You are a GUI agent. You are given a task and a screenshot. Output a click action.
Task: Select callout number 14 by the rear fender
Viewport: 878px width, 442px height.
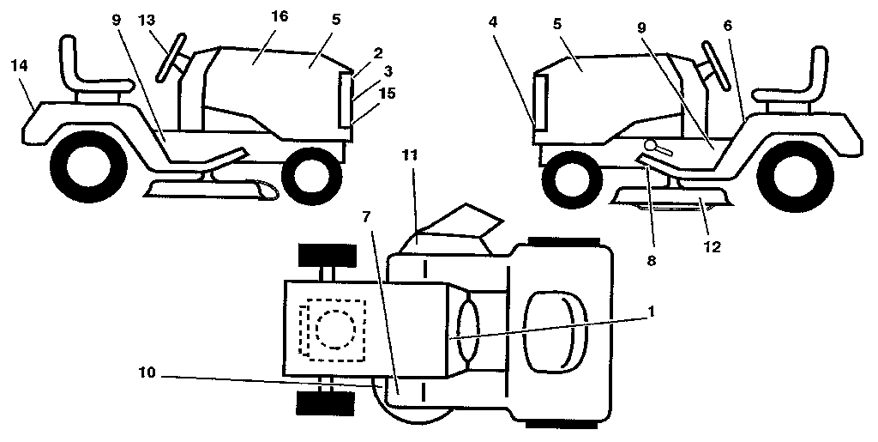[21, 65]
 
